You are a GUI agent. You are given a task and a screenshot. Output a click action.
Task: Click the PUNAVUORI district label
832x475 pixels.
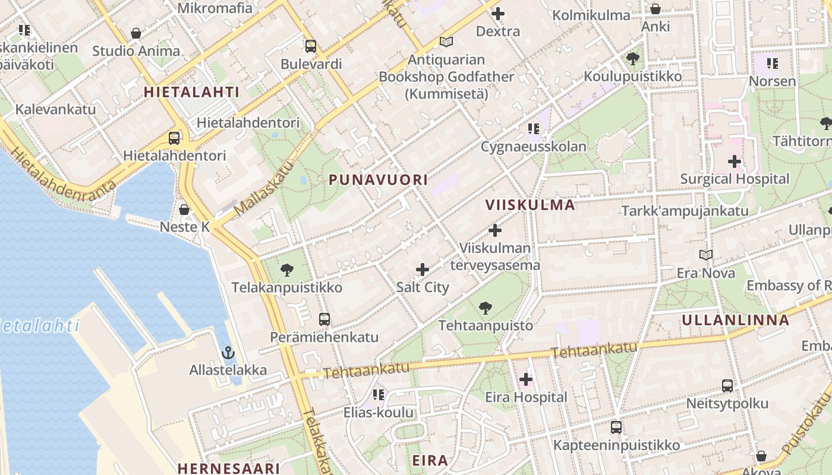click(378, 179)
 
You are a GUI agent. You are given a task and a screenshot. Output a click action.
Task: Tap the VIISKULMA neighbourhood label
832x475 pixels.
click(530, 205)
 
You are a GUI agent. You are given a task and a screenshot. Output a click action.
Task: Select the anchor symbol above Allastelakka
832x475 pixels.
click(228, 353)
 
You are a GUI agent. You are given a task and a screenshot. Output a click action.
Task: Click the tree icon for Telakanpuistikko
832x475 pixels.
click(286, 271)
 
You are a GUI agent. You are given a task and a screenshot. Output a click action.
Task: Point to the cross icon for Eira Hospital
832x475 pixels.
click(525, 379)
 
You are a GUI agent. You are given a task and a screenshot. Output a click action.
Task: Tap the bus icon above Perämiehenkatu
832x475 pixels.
click(324, 319)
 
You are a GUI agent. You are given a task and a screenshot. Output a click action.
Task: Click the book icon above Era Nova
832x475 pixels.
click(705, 255)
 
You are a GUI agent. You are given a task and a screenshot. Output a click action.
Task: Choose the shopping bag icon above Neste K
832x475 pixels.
click(184, 210)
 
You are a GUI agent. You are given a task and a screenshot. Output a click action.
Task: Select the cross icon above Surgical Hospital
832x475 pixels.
click(735, 161)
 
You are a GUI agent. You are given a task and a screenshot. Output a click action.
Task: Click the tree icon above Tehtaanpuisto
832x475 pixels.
click(486, 308)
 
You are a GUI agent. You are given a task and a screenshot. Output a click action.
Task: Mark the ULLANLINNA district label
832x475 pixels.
click(735, 320)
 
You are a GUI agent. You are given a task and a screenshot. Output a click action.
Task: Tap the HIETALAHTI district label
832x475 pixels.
click(191, 92)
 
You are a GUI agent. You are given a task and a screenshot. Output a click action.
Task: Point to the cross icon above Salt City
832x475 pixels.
click(423, 270)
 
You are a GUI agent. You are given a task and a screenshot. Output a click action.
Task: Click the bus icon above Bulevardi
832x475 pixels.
click(310, 46)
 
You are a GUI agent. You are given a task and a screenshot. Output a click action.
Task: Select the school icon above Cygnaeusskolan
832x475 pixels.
click(533, 129)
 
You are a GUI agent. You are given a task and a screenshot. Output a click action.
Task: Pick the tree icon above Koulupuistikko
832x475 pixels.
click(632, 59)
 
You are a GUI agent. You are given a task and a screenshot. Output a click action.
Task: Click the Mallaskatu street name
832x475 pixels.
click(264, 190)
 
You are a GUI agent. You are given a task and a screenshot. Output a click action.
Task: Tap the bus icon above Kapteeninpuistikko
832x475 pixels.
click(616, 427)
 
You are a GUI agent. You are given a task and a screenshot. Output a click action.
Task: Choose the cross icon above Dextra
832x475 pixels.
click(498, 14)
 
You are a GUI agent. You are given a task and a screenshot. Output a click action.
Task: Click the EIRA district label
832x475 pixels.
click(430, 460)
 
